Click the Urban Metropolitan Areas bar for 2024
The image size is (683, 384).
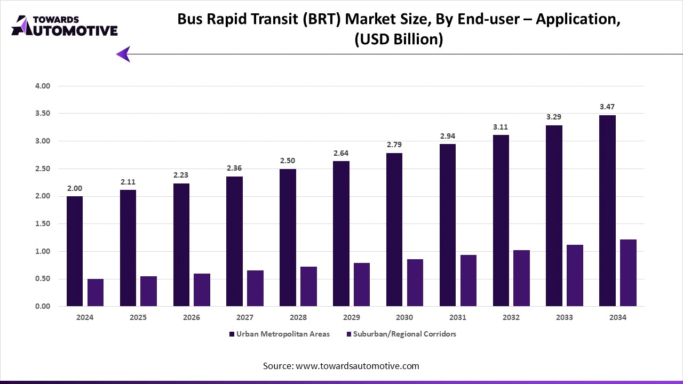pyautogui.click(x=74, y=251)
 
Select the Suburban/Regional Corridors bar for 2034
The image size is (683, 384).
pyautogui.click(x=628, y=273)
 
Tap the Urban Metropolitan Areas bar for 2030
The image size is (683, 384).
pyautogui.click(x=394, y=230)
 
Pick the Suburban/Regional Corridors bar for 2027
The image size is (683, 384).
pyautogui.click(x=255, y=288)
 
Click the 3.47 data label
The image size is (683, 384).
pyautogui.click(x=607, y=107)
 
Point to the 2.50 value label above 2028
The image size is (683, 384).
pyautogui.click(x=288, y=161)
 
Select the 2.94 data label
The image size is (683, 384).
pyautogui.click(x=447, y=136)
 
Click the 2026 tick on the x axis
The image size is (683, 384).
pyautogui.click(x=192, y=317)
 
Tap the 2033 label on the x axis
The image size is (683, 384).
pyautogui.click(x=565, y=317)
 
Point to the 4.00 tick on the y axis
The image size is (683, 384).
pyautogui.click(x=42, y=86)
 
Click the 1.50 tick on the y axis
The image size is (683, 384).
pyautogui.click(x=42, y=224)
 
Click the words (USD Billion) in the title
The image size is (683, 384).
pyautogui.click(x=399, y=39)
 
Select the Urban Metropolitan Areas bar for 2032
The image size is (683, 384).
pyautogui.click(x=501, y=221)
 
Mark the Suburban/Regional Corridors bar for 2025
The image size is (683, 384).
pyautogui.click(x=148, y=291)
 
